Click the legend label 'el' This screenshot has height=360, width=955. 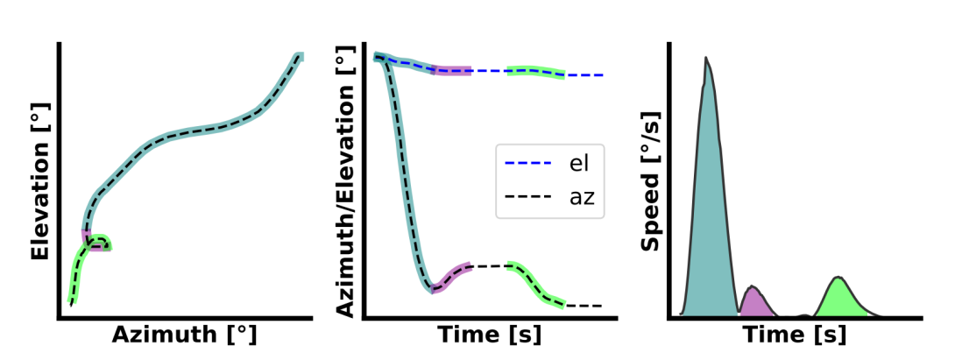[575, 162]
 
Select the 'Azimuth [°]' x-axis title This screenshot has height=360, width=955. [185, 335]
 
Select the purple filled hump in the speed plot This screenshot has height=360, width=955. [754, 302]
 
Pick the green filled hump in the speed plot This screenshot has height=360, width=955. [838, 299]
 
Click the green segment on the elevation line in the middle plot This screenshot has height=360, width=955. [536, 71]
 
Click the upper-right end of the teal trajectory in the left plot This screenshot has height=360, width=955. [298, 58]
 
